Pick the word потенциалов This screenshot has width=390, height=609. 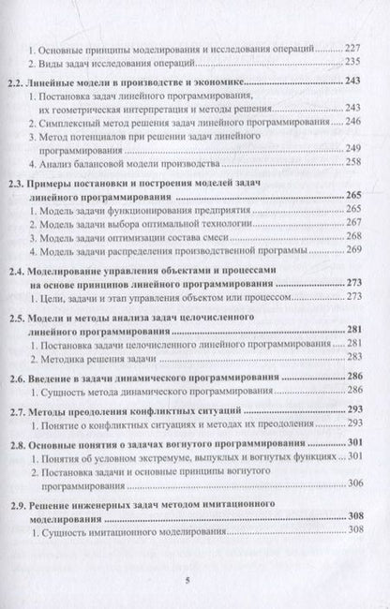pyautogui.click(x=125, y=139)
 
